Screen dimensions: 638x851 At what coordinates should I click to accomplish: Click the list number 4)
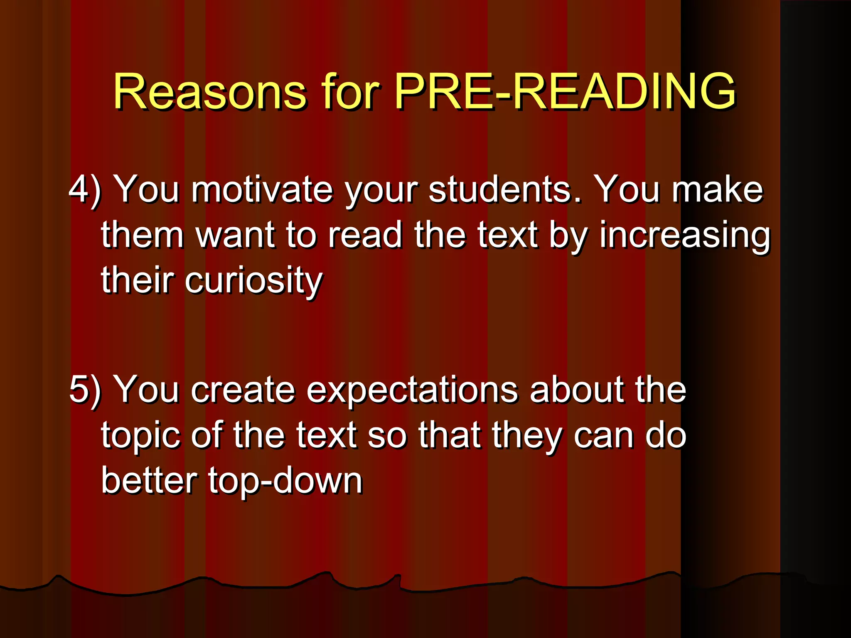pyautogui.click(x=85, y=189)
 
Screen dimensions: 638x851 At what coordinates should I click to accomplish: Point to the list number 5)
pyautogui.click(x=85, y=390)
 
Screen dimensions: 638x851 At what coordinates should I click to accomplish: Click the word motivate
pyautogui.click(x=262, y=189)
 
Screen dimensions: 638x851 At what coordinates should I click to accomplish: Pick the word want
pyautogui.click(x=235, y=235)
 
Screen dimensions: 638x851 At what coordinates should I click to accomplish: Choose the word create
pyautogui.click(x=243, y=390)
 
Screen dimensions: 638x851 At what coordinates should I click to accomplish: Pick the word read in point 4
pyautogui.click(x=365, y=235)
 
